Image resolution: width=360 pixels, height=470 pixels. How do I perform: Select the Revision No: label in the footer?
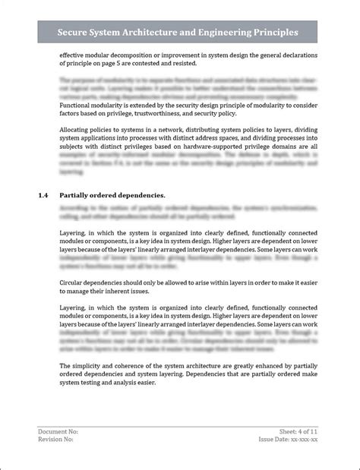pyautogui.click(x=56, y=439)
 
